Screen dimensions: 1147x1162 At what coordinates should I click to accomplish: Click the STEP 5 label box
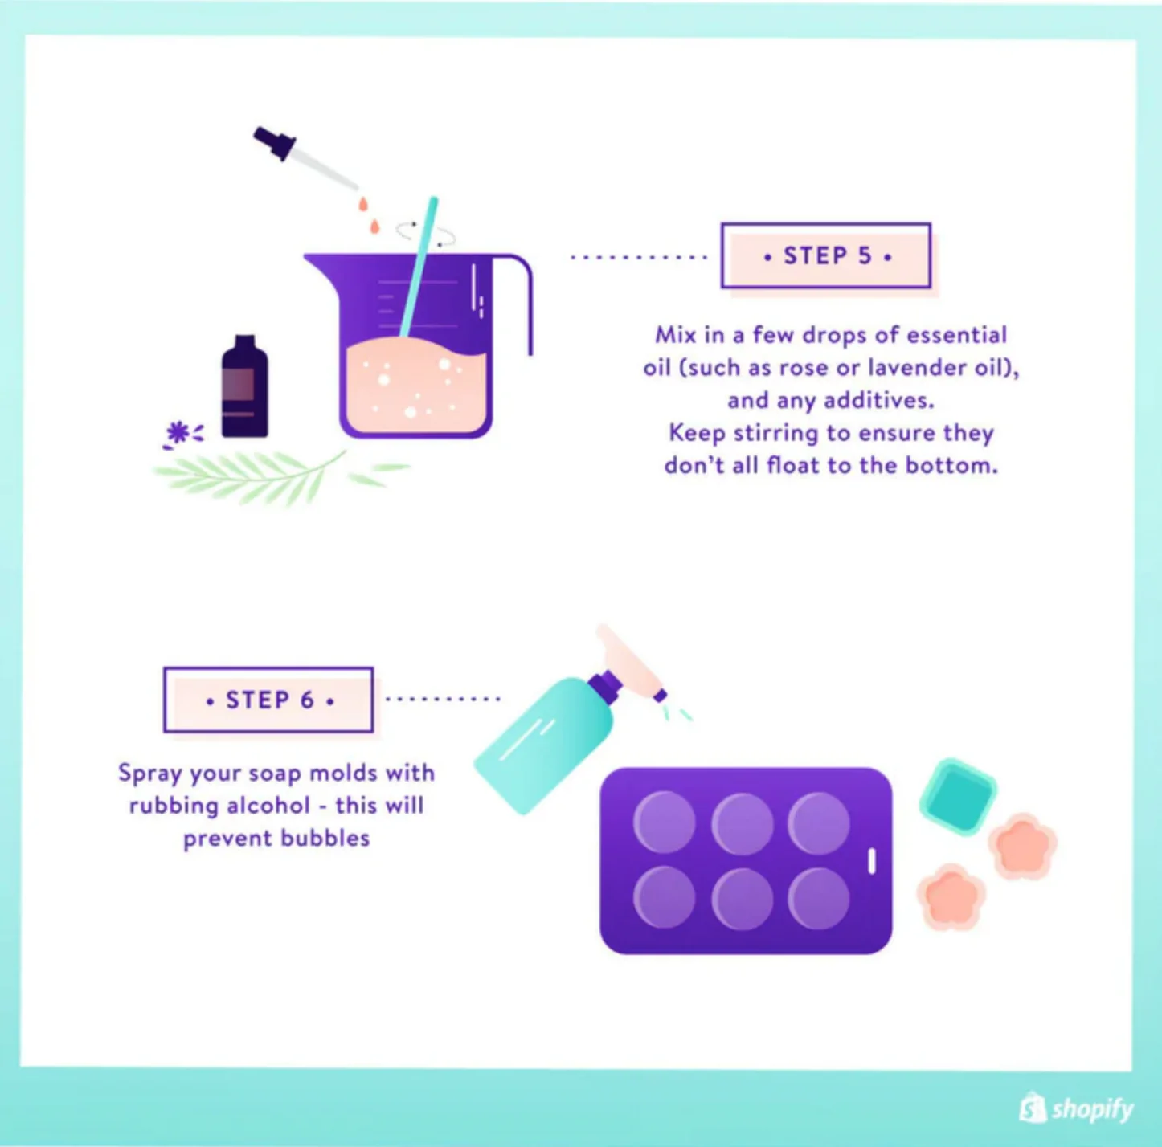(x=825, y=255)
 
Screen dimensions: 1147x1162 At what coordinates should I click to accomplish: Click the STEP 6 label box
(x=268, y=700)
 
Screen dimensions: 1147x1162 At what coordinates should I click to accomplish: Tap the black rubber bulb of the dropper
(x=274, y=142)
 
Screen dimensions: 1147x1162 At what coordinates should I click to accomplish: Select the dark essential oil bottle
(x=244, y=389)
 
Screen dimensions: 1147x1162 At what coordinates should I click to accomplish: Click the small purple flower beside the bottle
(x=178, y=433)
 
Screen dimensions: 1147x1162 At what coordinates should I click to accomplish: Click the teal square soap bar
(x=958, y=796)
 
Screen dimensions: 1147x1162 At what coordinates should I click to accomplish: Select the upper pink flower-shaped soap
(x=1022, y=847)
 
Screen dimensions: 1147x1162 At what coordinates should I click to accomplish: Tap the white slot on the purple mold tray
(x=872, y=861)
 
